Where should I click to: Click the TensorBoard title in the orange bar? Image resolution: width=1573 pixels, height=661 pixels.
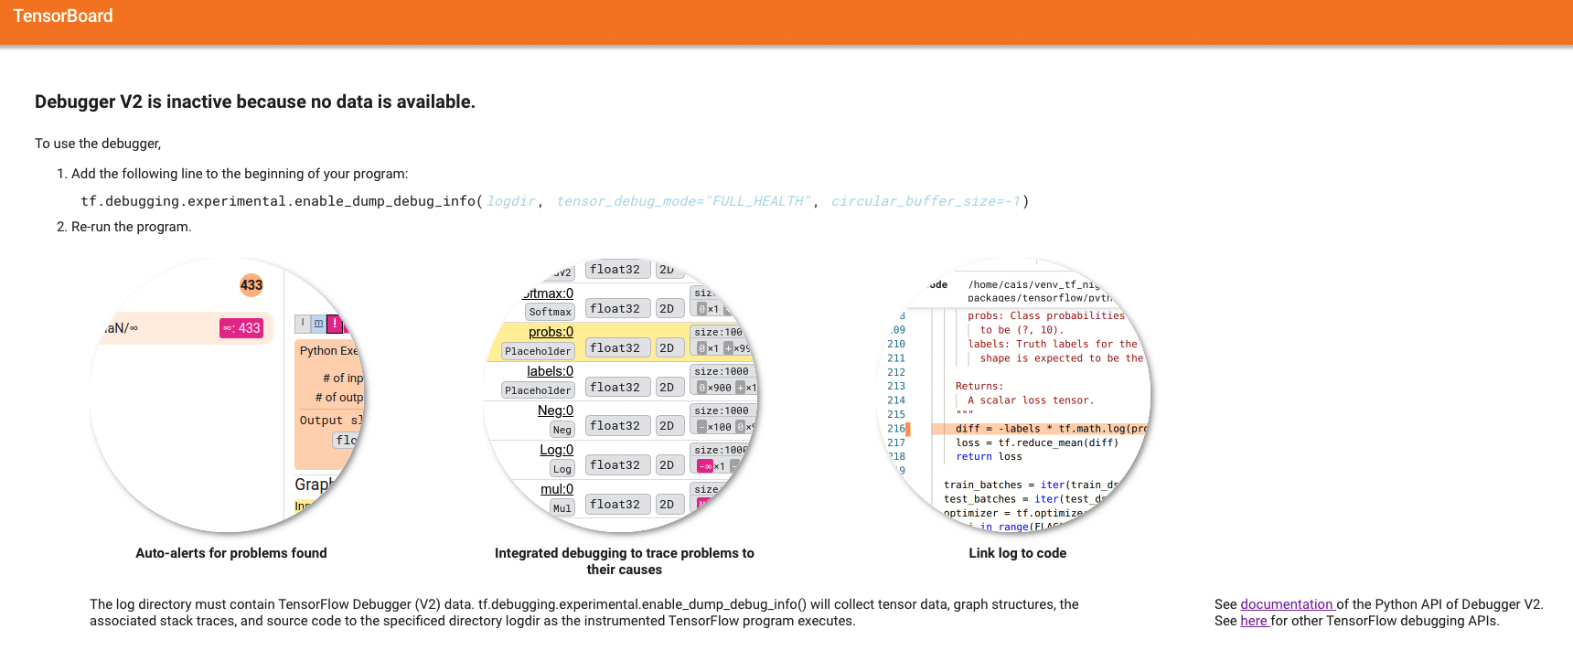63,16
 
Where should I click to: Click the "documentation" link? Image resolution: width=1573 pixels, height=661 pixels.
1286,604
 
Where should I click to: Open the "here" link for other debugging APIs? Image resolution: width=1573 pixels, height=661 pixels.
1253,621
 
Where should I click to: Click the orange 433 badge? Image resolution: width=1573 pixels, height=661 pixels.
251,285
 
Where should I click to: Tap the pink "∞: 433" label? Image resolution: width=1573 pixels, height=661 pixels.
242,328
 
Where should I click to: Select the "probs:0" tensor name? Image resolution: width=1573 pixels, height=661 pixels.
551,332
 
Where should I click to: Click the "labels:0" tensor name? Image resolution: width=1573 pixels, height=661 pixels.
550,371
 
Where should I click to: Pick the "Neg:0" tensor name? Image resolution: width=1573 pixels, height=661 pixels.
555,410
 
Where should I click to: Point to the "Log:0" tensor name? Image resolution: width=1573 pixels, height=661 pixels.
556,450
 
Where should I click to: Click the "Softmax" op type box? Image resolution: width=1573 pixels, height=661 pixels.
550,312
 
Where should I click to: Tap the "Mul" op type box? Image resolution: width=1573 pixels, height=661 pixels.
562,508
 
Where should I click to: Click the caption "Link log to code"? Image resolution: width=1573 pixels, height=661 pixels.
1017,553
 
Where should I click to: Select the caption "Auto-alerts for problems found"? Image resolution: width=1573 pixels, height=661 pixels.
230,553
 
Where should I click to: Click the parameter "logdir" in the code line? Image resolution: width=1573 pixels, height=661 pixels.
510,201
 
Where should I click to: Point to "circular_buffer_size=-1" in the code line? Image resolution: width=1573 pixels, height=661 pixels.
926,201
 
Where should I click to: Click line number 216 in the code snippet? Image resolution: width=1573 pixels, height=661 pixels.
896,429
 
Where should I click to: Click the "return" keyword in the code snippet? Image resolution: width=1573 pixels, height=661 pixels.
973,457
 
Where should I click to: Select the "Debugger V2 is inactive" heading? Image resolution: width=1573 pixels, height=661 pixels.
254,102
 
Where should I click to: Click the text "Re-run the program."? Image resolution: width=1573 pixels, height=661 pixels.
131,227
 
